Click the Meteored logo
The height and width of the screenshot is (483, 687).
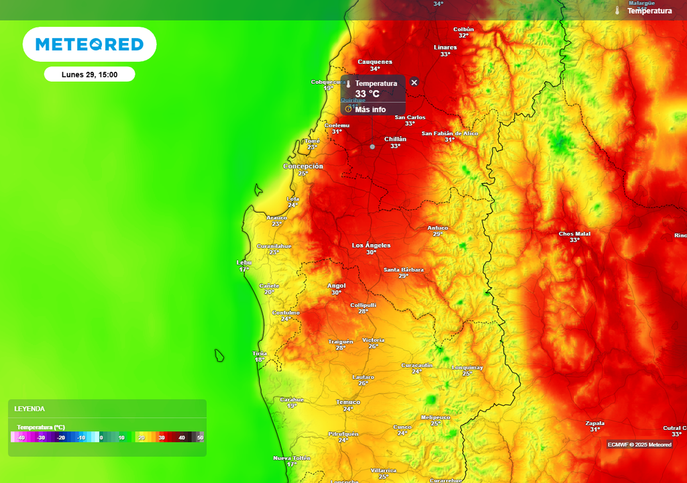[89, 44]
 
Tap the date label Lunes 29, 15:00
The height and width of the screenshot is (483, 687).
[89, 74]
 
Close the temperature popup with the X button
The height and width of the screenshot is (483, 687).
[414, 82]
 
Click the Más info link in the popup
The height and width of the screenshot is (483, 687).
[370, 109]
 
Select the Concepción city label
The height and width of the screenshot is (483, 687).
[303, 166]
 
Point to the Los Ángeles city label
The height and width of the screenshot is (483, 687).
[371, 246]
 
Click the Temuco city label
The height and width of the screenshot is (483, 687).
[348, 402]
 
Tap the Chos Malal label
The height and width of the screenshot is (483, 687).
[574, 234]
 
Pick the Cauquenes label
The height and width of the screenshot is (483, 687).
[374, 62]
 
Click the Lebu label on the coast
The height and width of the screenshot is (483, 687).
[244, 262]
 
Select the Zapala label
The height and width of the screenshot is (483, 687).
[594, 423]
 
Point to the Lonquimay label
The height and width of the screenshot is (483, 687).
[467, 368]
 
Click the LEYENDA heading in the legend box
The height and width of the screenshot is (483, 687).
[30, 409]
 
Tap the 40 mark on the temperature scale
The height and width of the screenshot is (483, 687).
[181, 437]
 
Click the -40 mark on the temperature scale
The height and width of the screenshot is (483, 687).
[21, 437]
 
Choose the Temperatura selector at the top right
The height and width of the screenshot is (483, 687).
[648, 11]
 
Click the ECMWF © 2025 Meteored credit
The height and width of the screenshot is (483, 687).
[639, 445]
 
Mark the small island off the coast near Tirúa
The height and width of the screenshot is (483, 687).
[219, 356]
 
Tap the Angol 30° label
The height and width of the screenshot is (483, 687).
[336, 285]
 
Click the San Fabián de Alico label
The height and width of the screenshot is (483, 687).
[450, 133]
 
